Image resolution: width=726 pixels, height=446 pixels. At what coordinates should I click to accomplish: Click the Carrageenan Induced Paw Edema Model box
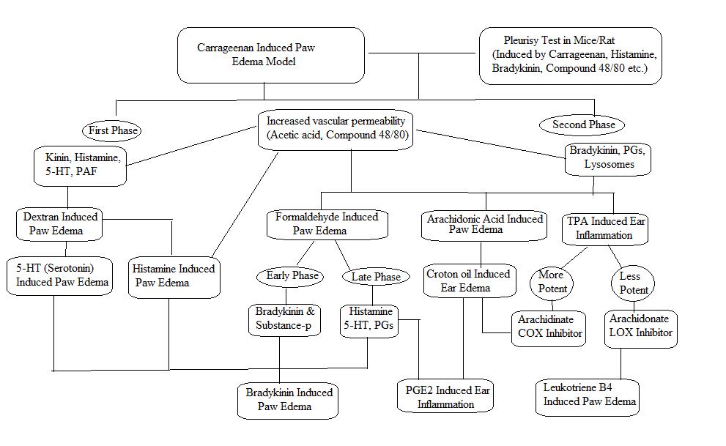click(271, 55)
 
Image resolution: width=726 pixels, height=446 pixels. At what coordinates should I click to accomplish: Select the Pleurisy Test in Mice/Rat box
click(571, 56)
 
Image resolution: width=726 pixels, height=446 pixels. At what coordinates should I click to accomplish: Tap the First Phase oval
click(112, 130)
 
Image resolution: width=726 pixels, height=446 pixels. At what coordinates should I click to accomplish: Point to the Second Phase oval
click(582, 125)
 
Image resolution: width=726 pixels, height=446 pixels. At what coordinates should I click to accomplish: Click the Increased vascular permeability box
click(336, 130)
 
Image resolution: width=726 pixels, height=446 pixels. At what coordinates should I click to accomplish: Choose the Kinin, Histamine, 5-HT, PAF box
click(80, 166)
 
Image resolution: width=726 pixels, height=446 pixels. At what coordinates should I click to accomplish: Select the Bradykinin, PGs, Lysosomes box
click(607, 159)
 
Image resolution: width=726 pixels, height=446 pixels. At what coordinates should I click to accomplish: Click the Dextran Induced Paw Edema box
click(59, 224)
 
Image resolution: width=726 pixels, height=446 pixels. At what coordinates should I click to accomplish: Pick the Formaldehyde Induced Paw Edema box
click(327, 224)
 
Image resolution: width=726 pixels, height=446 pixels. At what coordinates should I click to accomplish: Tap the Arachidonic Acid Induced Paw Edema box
click(484, 226)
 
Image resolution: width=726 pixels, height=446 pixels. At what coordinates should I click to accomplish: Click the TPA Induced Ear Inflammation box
click(605, 229)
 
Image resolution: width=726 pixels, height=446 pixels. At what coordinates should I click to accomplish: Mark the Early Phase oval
click(290, 277)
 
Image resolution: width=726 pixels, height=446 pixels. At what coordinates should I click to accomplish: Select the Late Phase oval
click(376, 277)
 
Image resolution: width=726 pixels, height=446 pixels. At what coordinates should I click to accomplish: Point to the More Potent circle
click(552, 283)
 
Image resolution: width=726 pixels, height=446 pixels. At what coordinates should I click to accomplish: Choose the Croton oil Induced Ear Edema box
click(470, 280)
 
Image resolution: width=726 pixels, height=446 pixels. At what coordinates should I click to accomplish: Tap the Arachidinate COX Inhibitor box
click(549, 329)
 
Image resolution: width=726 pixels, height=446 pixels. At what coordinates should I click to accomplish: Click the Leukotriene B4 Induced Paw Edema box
click(588, 398)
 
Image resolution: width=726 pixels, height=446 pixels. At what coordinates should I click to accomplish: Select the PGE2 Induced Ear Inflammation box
click(445, 396)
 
